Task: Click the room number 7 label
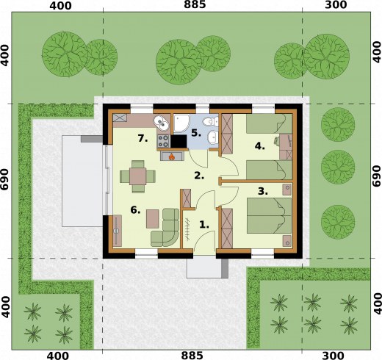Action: pos(143,139)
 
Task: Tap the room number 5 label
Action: pos(196,133)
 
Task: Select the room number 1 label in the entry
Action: pos(204,225)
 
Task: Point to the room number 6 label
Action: pos(135,210)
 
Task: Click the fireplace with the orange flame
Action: pos(172,156)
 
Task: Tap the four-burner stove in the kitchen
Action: pos(163,141)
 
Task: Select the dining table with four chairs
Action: pos(137,176)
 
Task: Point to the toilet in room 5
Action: pos(211,121)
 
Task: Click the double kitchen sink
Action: pos(161,123)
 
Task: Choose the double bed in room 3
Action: pos(269,215)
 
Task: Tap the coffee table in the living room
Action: pos(153,219)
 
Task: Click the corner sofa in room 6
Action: pos(165,228)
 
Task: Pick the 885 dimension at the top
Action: pos(195,4)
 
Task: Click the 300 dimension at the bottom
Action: pos(336,356)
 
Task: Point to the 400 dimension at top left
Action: pos(60,6)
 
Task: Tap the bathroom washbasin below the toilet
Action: pos(213,137)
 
